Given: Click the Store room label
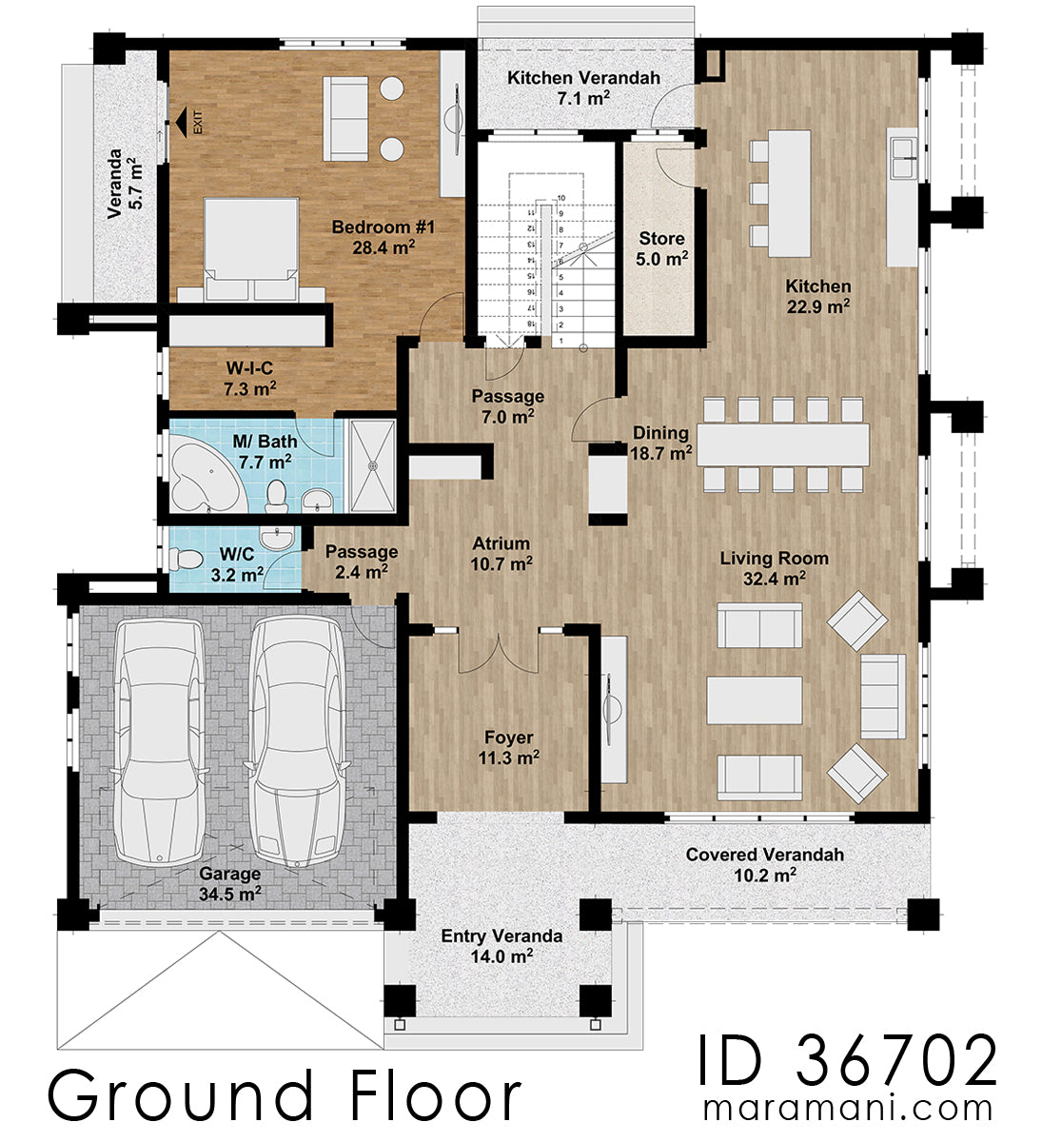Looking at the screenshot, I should point(661,238).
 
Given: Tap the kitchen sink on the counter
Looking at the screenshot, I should point(902,157).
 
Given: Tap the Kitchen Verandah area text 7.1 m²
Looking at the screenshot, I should point(583,98).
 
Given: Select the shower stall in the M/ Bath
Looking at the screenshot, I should point(372,465).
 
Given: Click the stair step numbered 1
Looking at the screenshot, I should point(562,340).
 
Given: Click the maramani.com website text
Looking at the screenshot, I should point(847,1109).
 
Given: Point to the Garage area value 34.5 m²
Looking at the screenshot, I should point(230,894).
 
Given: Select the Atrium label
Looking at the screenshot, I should point(501,543).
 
